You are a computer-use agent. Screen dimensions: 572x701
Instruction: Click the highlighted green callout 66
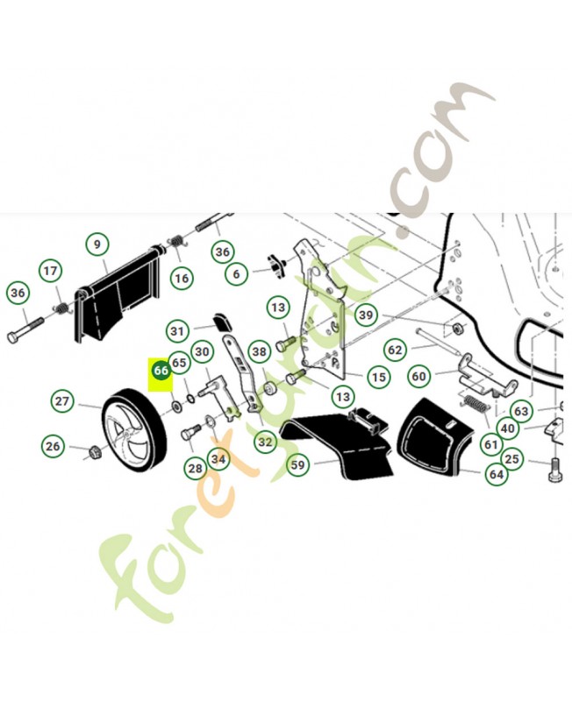click(161, 370)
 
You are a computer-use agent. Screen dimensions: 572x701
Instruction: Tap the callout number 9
click(97, 244)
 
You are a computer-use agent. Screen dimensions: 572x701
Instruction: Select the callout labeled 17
click(51, 271)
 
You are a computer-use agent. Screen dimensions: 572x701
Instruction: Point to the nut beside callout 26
click(96, 452)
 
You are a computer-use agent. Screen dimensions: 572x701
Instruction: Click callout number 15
click(379, 377)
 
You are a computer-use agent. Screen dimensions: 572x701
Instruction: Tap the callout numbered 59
click(297, 465)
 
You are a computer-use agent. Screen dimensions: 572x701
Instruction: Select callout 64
click(497, 474)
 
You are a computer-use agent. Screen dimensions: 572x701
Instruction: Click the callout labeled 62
click(395, 350)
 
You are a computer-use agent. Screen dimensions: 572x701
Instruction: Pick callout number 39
click(366, 315)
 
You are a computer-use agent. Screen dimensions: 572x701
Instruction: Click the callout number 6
click(236, 273)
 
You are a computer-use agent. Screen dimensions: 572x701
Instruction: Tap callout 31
click(177, 331)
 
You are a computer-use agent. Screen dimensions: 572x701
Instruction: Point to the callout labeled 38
click(259, 351)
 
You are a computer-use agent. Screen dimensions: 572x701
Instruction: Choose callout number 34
click(218, 458)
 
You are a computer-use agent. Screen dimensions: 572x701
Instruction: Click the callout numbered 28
click(195, 469)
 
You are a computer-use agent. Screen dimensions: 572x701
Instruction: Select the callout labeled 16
click(182, 279)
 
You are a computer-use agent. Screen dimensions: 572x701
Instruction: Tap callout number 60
click(419, 377)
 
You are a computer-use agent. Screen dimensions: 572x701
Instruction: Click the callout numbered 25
click(511, 458)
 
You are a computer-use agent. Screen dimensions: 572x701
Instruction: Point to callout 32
click(265, 442)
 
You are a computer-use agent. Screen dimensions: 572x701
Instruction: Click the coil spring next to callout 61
click(475, 403)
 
